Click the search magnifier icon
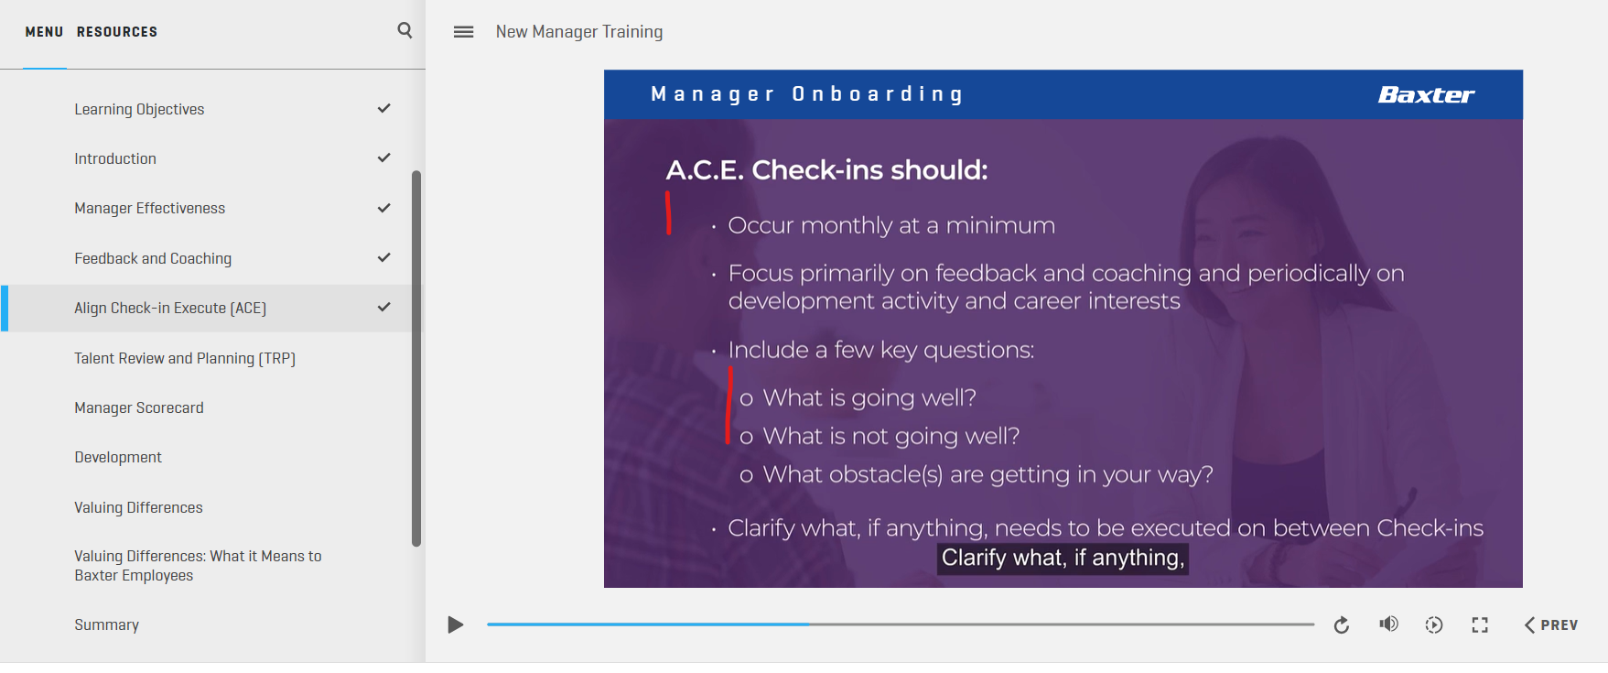[x=405, y=30]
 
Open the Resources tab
[x=117, y=32]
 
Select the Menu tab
[x=44, y=32]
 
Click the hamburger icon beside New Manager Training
[x=464, y=32]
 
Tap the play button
[x=455, y=624]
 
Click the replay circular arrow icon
[x=1342, y=624]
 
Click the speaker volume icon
[x=1388, y=624]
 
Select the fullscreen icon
[x=1480, y=624]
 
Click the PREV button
[x=1551, y=624]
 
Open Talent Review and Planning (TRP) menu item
[x=185, y=358]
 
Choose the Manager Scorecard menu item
[x=139, y=407]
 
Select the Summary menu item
[x=107, y=624]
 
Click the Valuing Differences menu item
[x=138, y=507]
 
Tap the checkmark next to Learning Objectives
[x=384, y=108]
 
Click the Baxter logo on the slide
[x=1426, y=94]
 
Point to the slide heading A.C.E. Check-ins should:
[x=826, y=169]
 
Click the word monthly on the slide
[x=847, y=225]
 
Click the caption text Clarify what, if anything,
[x=1063, y=558]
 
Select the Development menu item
[x=118, y=457]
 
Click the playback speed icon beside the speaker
[x=1434, y=624]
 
